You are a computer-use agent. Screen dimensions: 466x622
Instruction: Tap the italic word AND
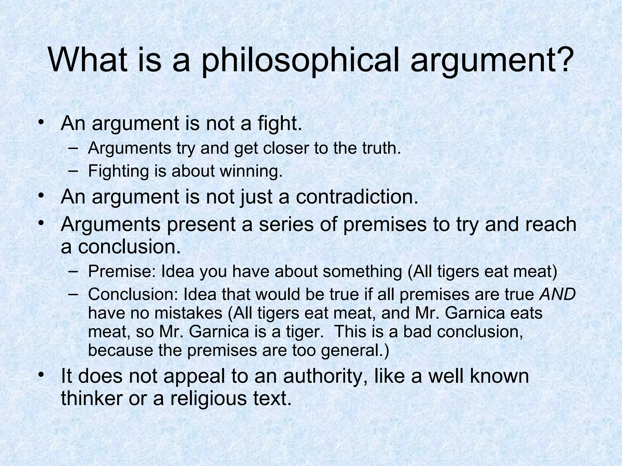[557, 294]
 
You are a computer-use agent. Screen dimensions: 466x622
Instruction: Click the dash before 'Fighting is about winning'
[73, 171]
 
